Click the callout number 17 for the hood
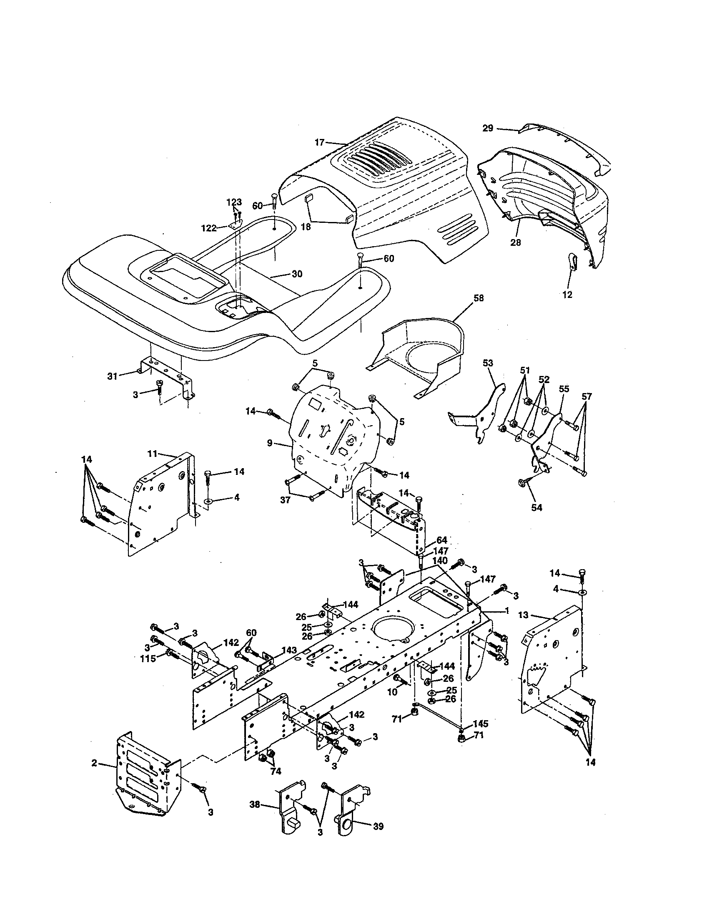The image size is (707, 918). coord(319,142)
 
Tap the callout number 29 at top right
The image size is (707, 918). coord(487,128)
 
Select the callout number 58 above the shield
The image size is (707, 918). coord(478,298)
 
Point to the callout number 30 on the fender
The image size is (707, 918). coord(297,274)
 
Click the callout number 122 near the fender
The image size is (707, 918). coord(209,228)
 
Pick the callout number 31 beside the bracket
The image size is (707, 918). coord(112,377)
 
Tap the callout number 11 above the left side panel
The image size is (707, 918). coord(152,454)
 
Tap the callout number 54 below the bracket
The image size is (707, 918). coord(537,508)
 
